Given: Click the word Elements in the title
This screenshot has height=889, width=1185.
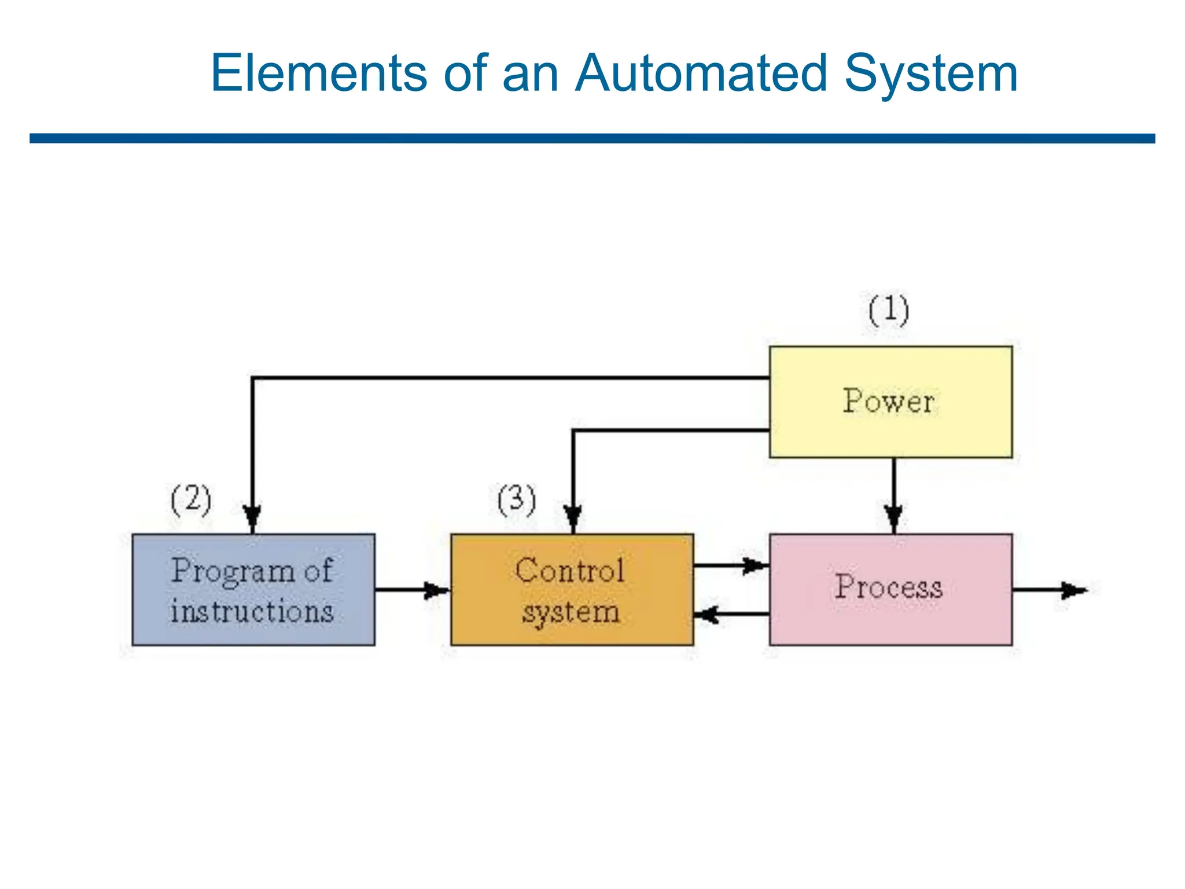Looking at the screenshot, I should [319, 74].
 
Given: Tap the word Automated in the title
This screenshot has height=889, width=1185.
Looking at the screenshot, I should [701, 74].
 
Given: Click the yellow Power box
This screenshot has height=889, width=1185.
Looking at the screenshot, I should [890, 402].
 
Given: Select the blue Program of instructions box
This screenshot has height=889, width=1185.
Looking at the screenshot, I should [253, 589].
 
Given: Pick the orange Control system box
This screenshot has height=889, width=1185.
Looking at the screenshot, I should [572, 589].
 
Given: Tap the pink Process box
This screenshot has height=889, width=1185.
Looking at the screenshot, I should [890, 589].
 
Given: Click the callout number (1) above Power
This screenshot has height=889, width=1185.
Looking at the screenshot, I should [889, 311].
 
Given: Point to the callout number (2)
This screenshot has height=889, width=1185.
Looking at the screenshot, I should [192, 499].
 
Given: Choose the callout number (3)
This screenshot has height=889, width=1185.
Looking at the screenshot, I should [517, 499].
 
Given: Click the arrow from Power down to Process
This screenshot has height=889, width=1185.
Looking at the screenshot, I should [893, 495].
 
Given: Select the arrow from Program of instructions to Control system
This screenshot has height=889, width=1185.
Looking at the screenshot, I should [412, 590].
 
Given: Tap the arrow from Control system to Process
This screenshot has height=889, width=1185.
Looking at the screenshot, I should [731, 565].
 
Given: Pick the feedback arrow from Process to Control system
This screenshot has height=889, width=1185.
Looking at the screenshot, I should [731, 614].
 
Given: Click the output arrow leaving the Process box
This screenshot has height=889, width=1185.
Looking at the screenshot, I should [1050, 590].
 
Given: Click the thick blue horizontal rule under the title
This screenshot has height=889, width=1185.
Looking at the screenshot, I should [592, 138].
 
